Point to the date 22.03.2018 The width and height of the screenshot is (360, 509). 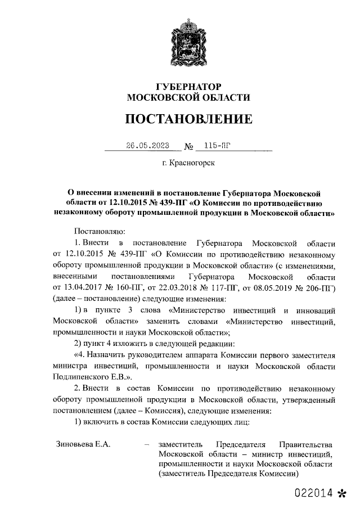point(179,288)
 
